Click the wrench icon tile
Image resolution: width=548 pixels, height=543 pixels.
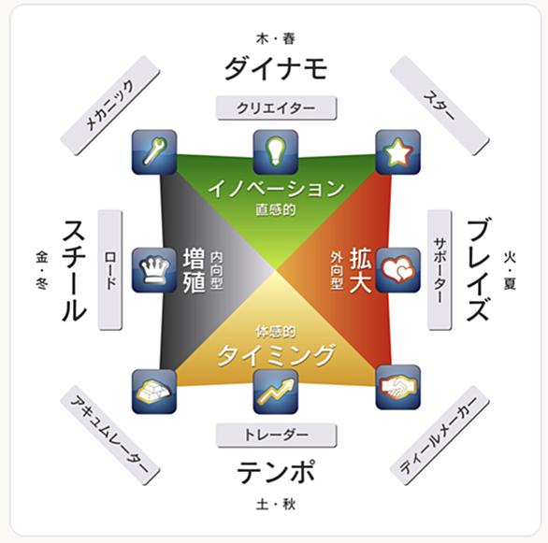click(x=154, y=152)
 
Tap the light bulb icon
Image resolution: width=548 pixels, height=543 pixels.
click(x=275, y=152)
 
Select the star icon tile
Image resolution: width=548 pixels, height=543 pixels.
click(x=397, y=152)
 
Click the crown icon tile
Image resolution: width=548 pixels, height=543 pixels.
click(x=154, y=270)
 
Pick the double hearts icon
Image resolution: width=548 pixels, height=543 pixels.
click(x=397, y=270)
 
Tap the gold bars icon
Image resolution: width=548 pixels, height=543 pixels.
click(x=154, y=392)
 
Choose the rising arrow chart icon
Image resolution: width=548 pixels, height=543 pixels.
click(x=275, y=392)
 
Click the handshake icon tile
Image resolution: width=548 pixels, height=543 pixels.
click(x=397, y=387)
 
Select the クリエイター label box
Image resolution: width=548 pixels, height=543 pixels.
click(x=276, y=108)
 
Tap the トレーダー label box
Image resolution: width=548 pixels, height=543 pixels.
click(x=276, y=436)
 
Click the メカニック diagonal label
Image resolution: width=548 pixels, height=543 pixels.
click(x=110, y=106)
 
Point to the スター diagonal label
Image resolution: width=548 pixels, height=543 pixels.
click(x=440, y=106)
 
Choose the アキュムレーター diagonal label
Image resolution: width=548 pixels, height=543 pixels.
click(x=110, y=436)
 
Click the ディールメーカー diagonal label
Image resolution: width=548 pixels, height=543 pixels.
click(x=440, y=436)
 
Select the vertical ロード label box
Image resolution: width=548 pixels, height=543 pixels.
click(x=110, y=270)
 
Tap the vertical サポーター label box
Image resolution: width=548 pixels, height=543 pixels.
click(x=440, y=270)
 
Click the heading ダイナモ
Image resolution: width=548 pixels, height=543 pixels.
click(x=276, y=69)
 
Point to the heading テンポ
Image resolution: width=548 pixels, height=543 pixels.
click(x=276, y=471)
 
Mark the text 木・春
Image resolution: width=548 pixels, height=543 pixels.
click(x=276, y=38)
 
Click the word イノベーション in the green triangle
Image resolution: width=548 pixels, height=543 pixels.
click(x=276, y=189)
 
